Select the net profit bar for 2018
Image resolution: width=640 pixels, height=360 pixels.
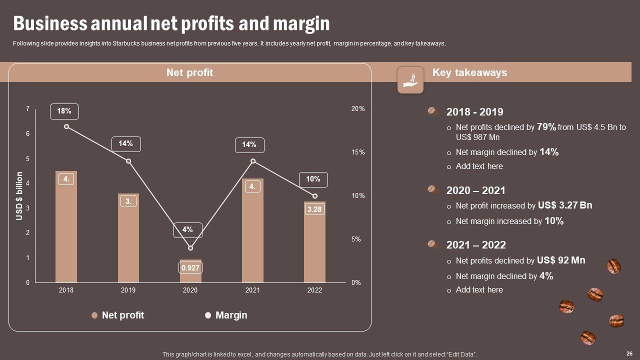click(x=66, y=230)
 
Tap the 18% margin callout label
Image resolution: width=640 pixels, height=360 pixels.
click(x=64, y=111)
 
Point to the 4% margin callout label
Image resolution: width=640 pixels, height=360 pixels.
click(x=187, y=230)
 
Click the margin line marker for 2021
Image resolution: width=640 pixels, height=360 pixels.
click(x=253, y=161)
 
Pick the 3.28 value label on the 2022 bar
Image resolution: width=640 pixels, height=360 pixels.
click(x=314, y=209)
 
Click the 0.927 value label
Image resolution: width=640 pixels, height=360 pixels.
click(x=190, y=268)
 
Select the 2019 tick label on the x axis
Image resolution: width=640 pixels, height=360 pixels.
click(x=128, y=290)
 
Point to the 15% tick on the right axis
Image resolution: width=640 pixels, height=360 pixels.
click(x=358, y=152)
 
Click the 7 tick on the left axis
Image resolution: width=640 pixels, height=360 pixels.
click(x=28, y=109)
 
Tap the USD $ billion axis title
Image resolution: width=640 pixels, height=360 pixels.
click(x=19, y=196)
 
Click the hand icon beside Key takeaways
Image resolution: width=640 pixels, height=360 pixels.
click(x=410, y=80)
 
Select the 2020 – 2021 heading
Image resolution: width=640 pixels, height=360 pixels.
click(x=475, y=190)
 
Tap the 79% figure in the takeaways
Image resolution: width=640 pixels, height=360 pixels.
click(x=546, y=127)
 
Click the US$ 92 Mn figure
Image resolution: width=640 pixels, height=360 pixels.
click(x=561, y=260)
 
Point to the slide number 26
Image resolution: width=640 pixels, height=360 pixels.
click(x=629, y=352)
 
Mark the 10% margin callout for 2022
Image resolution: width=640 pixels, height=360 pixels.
click(x=313, y=179)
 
